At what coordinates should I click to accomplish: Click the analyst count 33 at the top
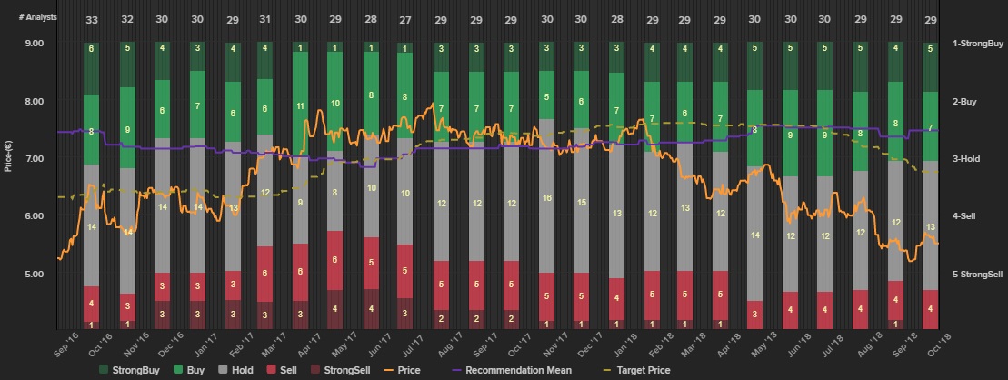[x=91, y=20]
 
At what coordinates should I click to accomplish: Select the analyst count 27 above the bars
[x=404, y=20]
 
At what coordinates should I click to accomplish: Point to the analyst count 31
[x=264, y=20]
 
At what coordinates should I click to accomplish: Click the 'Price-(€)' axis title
[x=8, y=155]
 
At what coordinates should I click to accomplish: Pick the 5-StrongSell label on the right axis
[x=976, y=274]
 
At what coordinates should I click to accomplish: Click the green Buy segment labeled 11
[x=300, y=106]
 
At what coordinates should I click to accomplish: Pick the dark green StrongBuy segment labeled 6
[x=91, y=48]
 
